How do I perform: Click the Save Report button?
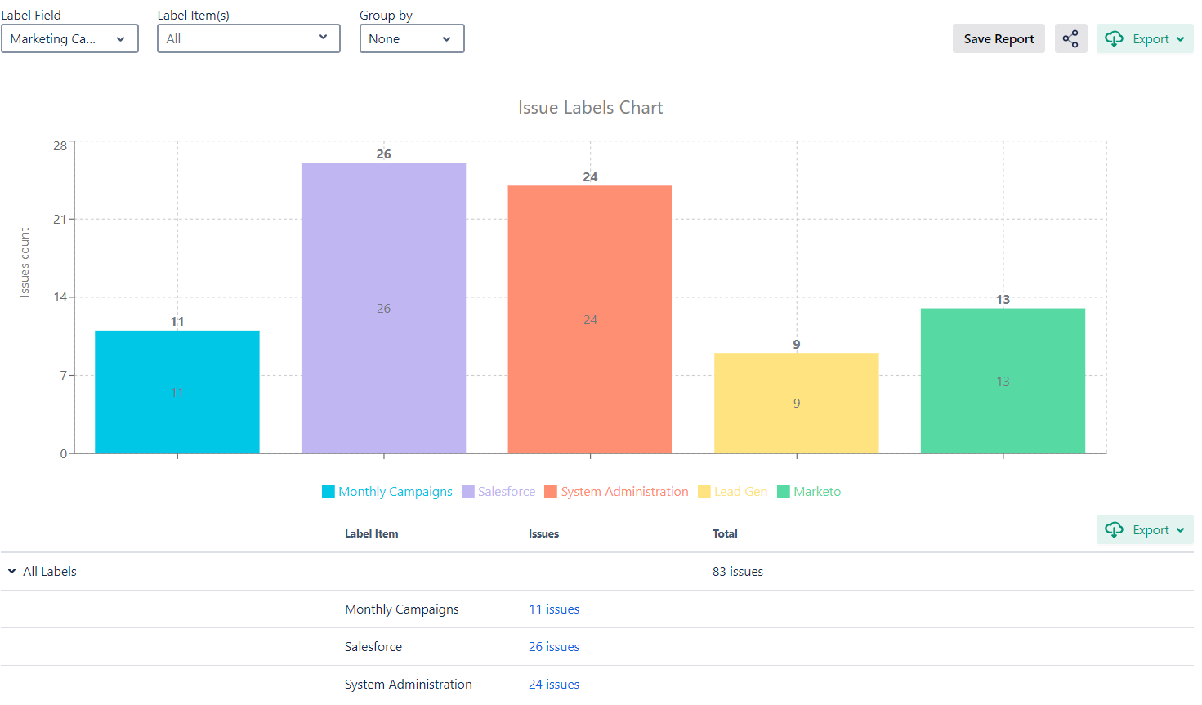click(999, 39)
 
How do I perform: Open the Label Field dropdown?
click(69, 39)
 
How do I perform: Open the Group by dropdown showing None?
click(412, 39)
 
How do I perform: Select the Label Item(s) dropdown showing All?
click(248, 39)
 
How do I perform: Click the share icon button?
click(1070, 39)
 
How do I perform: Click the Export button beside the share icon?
click(1145, 39)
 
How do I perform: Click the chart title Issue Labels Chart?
click(590, 108)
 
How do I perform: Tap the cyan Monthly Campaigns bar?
click(177, 392)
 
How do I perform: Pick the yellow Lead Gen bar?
click(797, 403)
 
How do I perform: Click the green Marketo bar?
click(1003, 381)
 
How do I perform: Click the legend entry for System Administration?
click(616, 492)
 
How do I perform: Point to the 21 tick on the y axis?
click(60, 219)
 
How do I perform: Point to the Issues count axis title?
click(25, 262)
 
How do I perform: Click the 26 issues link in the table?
click(554, 647)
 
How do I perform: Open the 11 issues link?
click(554, 609)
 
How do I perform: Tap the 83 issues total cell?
click(738, 572)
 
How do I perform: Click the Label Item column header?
click(372, 534)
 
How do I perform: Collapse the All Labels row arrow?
click(12, 572)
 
